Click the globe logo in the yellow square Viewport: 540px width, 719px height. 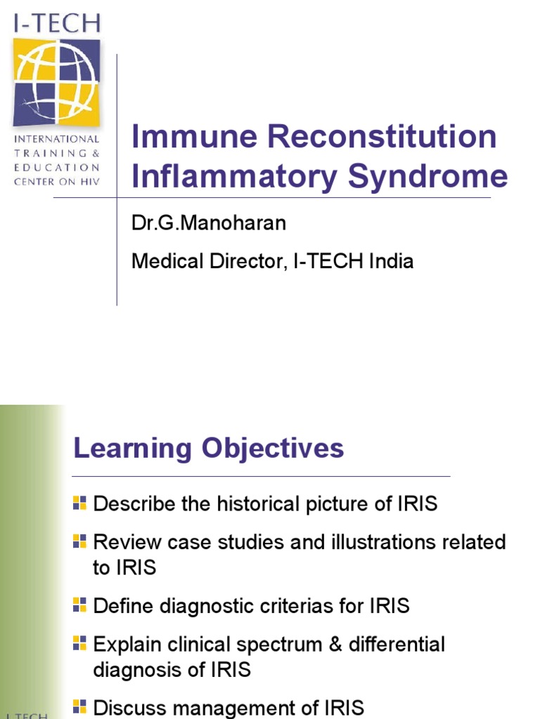pyautogui.click(x=56, y=82)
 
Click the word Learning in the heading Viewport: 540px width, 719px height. pyautogui.click(x=133, y=448)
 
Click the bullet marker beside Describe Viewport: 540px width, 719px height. pyautogui.click(x=79, y=502)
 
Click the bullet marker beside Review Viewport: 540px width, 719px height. pyautogui.click(x=79, y=541)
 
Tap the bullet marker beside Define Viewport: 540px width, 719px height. pyautogui.click(x=79, y=604)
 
